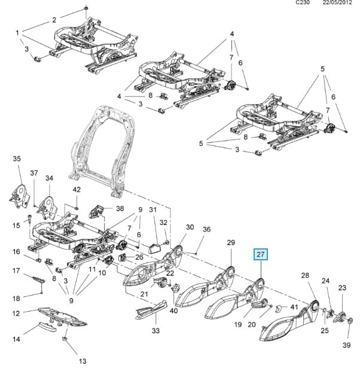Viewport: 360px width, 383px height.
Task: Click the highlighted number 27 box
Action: tap(261, 254)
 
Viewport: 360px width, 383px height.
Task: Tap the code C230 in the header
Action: tap(304, 3)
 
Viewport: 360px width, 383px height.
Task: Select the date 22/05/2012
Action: tap(337, 3)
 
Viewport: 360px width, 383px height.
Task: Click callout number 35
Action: tap(17, 159)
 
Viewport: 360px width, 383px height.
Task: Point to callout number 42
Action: tap(77, 190)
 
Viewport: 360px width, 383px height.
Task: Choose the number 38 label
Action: tap(120, 209)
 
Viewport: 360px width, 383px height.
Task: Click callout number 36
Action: tap(207, 229)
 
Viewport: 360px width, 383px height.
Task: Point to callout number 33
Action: tap(155, 331)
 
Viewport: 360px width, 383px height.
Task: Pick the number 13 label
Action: tap(83, 361)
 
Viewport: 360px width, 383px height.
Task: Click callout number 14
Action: tap(17, 339)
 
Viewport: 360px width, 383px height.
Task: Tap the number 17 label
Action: tap(17, 270)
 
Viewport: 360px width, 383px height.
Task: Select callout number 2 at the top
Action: tap(54, 20)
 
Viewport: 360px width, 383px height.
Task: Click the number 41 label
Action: tap(294, 307)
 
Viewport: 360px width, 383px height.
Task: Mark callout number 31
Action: tap(152, 209)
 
